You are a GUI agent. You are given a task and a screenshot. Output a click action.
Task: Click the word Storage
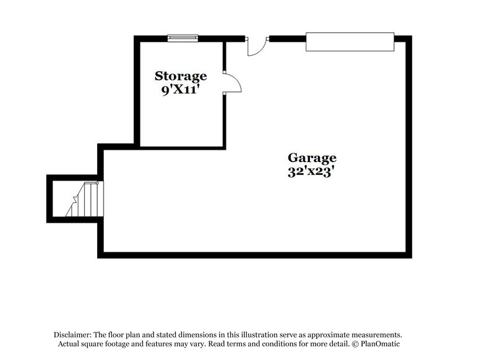[x=181, y=76]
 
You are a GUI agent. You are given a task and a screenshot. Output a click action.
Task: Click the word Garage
[x=311, y=158]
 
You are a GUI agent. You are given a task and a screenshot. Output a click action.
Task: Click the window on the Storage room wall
[x=183, y=38]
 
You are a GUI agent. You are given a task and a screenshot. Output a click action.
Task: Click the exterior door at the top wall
[x=257, y=46]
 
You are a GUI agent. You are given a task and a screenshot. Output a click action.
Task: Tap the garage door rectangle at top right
[x=350, y=41]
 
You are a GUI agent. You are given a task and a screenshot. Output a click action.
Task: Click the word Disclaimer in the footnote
[x=72, y=333]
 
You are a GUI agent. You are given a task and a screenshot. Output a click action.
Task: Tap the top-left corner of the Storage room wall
[x=137, y=39]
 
